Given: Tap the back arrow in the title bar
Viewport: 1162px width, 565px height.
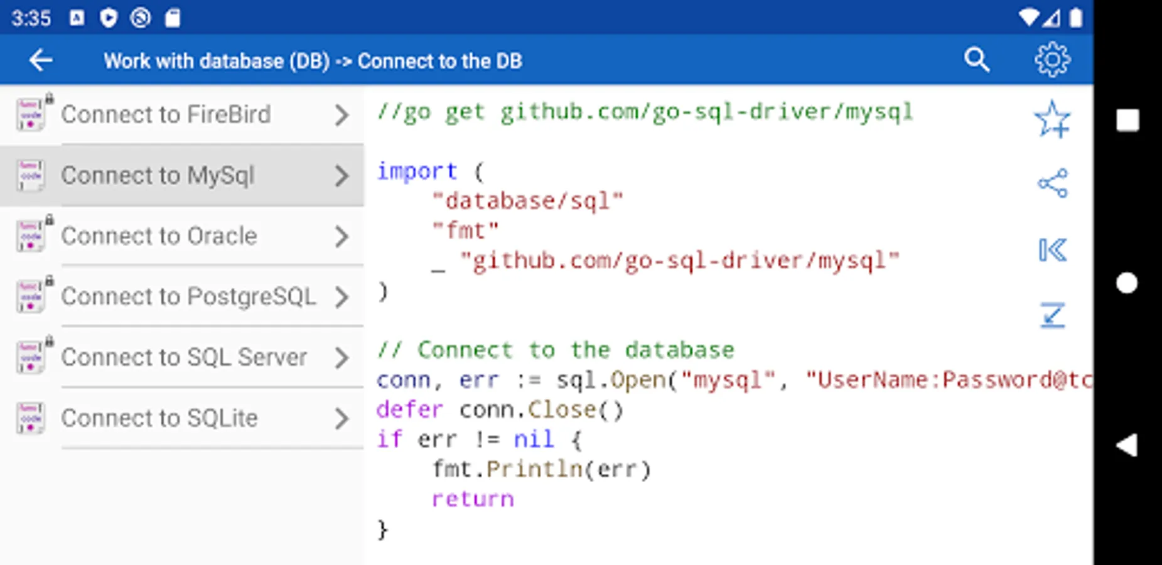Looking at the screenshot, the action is pos(41,60).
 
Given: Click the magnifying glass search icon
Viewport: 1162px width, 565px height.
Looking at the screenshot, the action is pos(977,60).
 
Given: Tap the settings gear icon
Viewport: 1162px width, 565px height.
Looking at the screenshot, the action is pos(1052,60).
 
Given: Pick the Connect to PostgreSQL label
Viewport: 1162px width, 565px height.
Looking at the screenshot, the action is pos(188,296).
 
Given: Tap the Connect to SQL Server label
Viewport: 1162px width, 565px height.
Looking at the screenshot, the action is pos(184,357).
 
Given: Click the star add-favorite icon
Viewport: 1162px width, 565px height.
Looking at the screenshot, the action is pos(1052,119).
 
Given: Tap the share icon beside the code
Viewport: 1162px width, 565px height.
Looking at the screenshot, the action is pos(1052,183).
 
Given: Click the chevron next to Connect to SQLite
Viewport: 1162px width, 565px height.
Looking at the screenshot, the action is pos(342,418).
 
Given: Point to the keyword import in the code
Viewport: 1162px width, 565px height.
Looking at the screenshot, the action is pos(417,171).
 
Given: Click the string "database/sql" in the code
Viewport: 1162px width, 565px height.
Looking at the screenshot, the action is pos(528,201).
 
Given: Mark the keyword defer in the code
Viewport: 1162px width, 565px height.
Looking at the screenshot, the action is pos(410,409).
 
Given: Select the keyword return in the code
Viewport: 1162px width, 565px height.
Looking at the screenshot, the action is pos(473,499).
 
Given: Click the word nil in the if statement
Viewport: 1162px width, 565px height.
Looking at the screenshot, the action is pos(534,439).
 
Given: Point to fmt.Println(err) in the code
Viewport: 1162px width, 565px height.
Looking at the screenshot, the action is pos(542,469).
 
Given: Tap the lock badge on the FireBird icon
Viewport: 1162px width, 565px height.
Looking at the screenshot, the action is pos(49,98).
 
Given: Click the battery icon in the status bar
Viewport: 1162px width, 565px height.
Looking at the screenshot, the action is pos(1076,18).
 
